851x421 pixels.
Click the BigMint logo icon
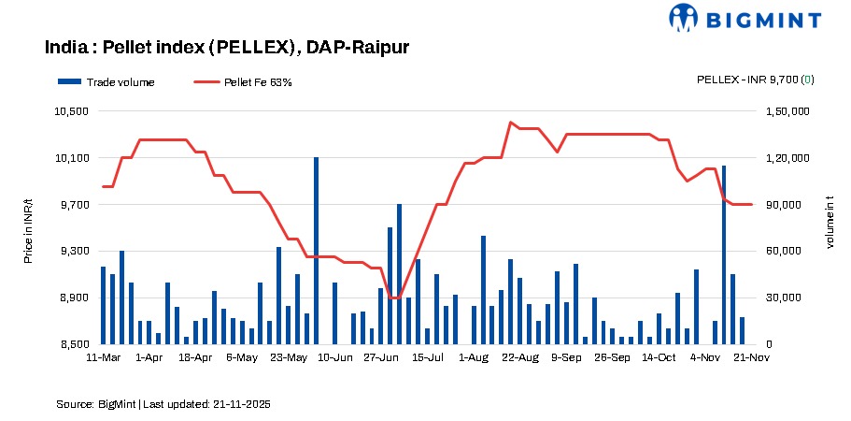point(684,18)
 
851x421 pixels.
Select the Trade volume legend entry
point(106,82)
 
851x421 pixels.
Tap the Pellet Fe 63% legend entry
point(243,82)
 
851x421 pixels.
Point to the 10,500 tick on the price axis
point(73,111)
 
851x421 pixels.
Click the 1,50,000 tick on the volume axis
point(784,111)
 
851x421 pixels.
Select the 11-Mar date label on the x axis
point(103,357)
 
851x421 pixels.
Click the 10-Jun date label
point(335,357)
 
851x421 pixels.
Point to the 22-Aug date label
point(520,357)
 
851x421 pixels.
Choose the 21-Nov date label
point(751,357)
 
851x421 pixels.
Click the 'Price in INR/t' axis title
point(28,228)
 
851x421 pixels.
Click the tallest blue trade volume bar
point(316,251)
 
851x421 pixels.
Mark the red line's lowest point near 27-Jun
point(394,298)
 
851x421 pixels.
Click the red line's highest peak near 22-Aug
point(510,122)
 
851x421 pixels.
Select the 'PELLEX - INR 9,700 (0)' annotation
point(755,80)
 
